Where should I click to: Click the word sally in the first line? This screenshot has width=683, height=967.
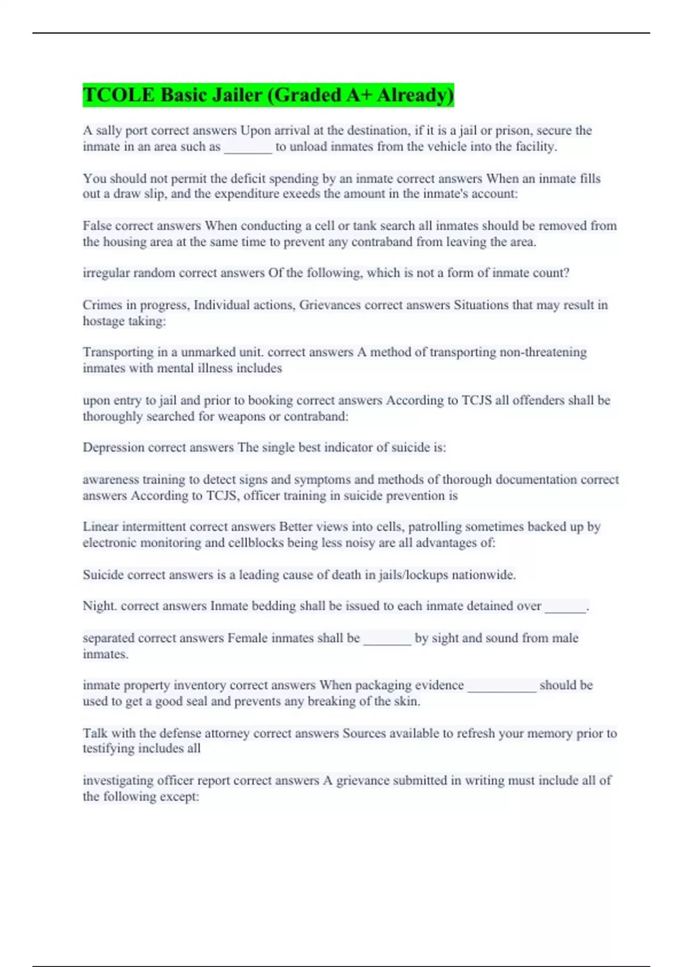[108, 130]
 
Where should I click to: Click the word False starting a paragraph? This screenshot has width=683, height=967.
[97, 226]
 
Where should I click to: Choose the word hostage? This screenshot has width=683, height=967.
[103, 321]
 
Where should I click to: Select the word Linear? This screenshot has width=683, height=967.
[100, 527]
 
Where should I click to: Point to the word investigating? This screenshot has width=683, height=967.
[118, 780]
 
